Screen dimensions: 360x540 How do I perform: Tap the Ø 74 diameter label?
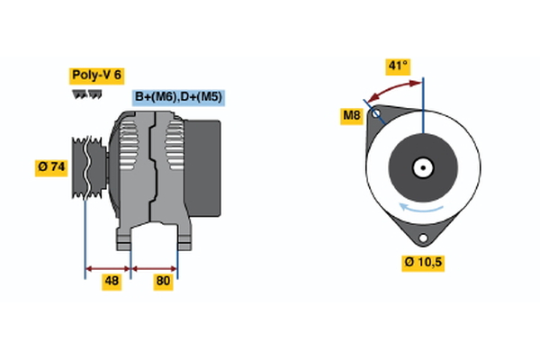[51, 166]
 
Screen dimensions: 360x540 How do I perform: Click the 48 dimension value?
[112, 281]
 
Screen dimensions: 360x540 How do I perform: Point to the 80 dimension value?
[163, 281]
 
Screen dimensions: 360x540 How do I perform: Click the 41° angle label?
[397, 66]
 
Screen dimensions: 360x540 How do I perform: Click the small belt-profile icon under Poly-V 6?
[84, 94]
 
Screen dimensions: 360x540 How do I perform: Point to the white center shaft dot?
[422, 168]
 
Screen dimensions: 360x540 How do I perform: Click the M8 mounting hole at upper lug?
[379, 114]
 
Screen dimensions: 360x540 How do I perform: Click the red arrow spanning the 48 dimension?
[108, 267]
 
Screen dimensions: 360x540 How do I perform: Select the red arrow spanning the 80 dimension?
[155, 267]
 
